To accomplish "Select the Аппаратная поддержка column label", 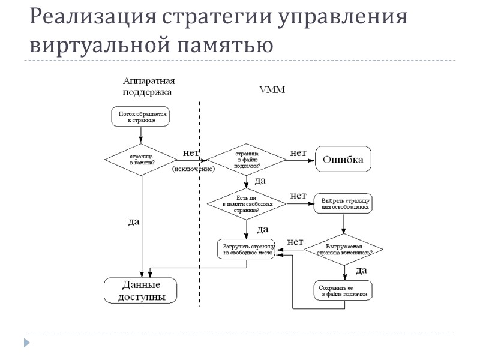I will pyautogui.click(x=149, y=86).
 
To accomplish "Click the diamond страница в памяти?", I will pyautogui.click(x=141, y=159).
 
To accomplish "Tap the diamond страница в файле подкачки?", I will pyautogui.click(x=247, y=160).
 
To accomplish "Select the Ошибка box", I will pyautogui.click(x=344, y=160).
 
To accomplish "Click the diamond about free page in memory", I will pyautogui.click(x=247, y=204).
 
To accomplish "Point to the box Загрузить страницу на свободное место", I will pyautogui.click(x=247, y=249).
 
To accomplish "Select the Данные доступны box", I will pyautogui.click(x=141, y=290).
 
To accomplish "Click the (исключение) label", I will pyautogui.click(x=193, y=170).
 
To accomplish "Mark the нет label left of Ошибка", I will pyautogui.click(x=298, y=154).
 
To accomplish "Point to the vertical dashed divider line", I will pyautogui.click(x=200, y=204).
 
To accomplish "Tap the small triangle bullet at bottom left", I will pyautogui.click(x=26, y=343).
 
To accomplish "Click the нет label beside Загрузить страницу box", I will pyautogui.click(x=295, y=242).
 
